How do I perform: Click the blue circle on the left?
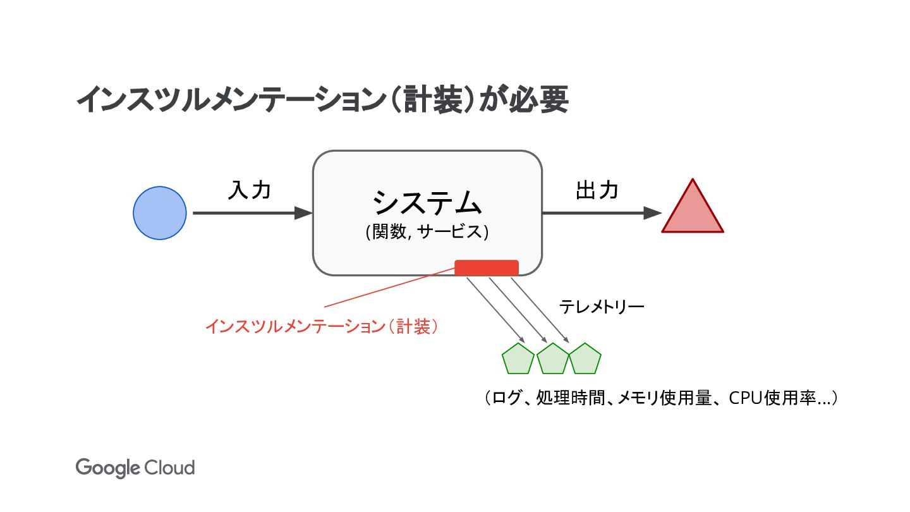click(160, 213)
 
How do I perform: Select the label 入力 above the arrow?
click(249, 189)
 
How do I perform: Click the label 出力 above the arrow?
click(596, 189)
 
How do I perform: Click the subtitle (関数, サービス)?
click(427, 232)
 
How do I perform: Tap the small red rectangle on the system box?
click(487, 268)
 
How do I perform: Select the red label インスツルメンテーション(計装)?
click(322, 326)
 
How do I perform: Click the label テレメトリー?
click(601, 308)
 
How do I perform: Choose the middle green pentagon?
click(553, 359)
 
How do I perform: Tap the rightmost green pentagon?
click(585, 359)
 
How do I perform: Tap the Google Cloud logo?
click(135, 468)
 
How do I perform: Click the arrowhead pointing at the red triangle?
click(652, 213)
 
